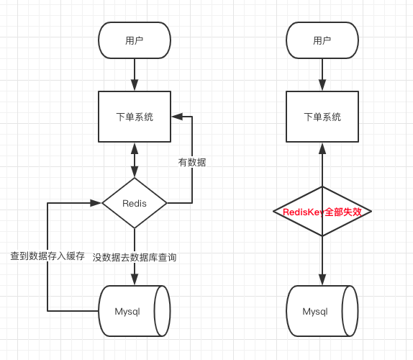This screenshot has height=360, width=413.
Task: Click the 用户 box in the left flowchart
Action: click(x=135, y=40)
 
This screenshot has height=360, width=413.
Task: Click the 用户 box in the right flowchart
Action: click(x=322, y=40)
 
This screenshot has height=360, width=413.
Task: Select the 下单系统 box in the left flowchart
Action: click(x=135, y=117)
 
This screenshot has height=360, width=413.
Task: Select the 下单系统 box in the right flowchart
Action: click(x=322, y=117)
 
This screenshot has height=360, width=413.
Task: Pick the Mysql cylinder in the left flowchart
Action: click(x=134, y=311)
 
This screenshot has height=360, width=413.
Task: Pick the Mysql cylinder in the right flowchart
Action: click(x=322, y=311)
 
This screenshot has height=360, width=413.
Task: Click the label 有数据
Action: click(x=192, y=163)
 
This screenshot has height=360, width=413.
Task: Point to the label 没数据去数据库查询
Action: click(x=135, y=257)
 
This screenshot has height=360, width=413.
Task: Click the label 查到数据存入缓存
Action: click(x=47, y=256)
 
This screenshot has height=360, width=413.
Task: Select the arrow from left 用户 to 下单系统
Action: click(x=135, y=74)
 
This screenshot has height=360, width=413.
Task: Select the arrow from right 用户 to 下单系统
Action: click(x=322, y=74)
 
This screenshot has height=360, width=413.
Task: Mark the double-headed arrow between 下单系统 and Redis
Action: click(x=135, y=160)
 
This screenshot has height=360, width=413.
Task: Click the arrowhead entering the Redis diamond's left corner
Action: click(x=96, y=203)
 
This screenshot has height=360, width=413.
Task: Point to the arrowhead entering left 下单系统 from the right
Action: click(x=177, y=117)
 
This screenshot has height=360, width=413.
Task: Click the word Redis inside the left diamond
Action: click(x=135, y=203)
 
